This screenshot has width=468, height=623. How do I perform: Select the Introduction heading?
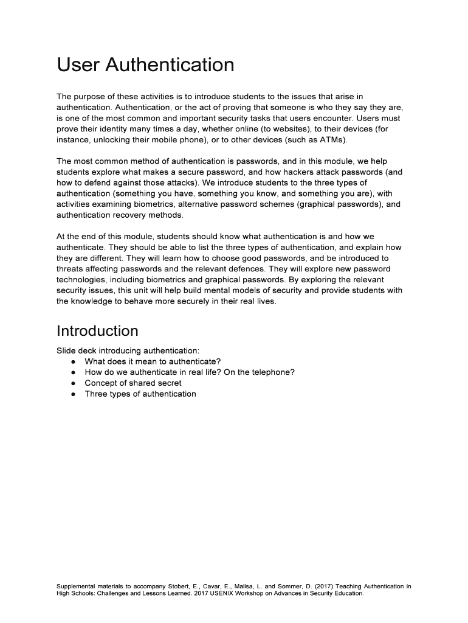(97, 331)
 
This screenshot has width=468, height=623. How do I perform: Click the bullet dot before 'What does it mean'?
(72, 361)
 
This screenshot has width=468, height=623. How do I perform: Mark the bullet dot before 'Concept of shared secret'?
(72, 383)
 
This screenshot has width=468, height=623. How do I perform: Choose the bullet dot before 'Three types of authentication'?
(72, 394)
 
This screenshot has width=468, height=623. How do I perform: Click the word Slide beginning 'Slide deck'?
(67, 350)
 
